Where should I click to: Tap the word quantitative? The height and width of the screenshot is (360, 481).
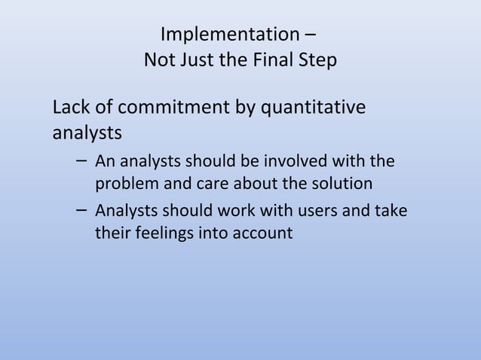[313, 108]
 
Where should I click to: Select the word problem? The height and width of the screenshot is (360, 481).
[122, 183]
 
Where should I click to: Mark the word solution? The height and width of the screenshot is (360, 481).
[335, 183]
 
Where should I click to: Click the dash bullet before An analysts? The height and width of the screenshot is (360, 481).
[81, 161]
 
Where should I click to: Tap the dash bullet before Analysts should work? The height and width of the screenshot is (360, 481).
[81, 211]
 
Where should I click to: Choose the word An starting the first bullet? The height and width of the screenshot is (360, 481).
[105, 161]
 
